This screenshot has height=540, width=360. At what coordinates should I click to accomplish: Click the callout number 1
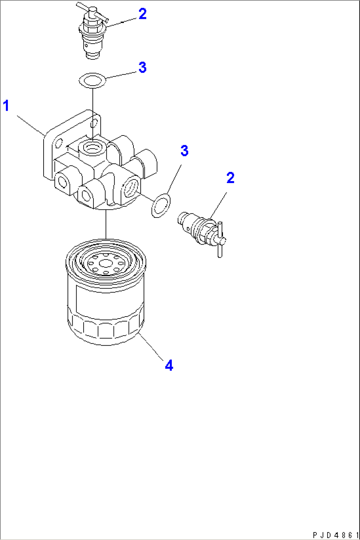[x=6, y=106]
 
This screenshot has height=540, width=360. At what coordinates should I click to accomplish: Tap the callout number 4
[x=169, y=365]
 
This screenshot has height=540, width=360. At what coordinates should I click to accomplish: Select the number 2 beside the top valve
[x=142, y=14]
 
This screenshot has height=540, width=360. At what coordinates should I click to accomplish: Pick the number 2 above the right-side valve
[x=230, y=178]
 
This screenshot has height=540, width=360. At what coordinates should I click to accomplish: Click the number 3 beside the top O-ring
[x=142, y=67]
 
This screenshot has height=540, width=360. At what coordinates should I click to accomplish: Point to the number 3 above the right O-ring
[x=184, y=151]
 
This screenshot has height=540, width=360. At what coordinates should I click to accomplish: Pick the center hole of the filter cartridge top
[x=106, y=263]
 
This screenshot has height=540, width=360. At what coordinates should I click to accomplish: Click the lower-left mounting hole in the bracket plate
[x=58, y=144]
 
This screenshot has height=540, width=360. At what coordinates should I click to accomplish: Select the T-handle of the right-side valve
[x=220, y=240]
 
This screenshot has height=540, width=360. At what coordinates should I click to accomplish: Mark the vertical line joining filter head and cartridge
[x=106, y=224]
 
